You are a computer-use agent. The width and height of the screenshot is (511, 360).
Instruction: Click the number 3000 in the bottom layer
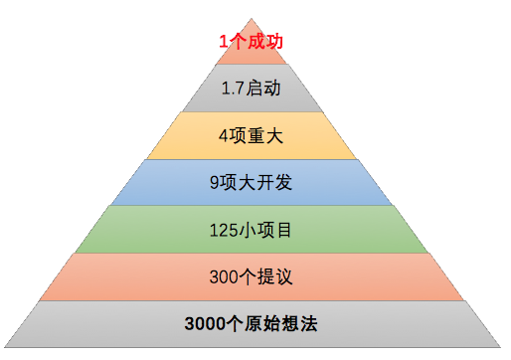pyautogui.click(x=205, y=324)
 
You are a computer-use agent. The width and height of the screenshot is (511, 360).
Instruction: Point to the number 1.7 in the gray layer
pyautogui.click(x=234, y=89)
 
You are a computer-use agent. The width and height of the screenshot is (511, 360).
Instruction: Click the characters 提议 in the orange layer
pyautogui.click(x=278, y=275)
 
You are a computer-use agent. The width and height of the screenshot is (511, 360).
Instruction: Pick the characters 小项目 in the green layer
pyautogui.click(x=267, y=229)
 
